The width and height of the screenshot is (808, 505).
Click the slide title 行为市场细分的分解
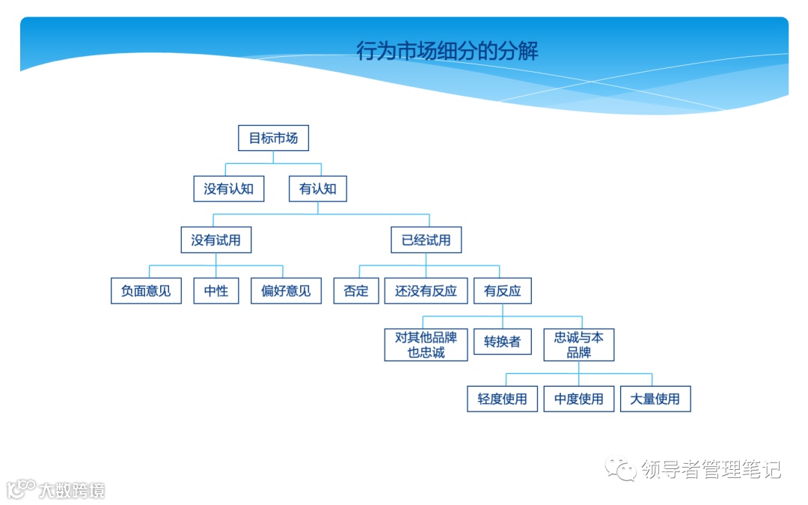(x=447, y=51)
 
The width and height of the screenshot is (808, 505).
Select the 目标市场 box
(x=273, y=138)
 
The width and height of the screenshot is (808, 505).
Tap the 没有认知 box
(x=229, y=189)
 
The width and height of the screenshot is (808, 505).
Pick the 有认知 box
(x=318, y=189)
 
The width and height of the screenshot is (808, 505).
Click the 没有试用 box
(x=216, y=240)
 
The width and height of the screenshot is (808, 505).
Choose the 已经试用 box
(x=426, y=240)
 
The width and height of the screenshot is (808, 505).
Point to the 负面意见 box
(x=146, y=291)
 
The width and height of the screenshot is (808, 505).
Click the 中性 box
(x=216, y=291)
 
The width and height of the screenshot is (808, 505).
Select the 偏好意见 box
(x=286, y=291)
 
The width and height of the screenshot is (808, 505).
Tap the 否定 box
(x=356, y=291)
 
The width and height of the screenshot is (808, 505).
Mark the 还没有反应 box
(x=426, y=291)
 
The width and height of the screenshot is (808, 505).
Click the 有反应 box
(x=502, y=291)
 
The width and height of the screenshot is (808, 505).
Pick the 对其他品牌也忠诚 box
(x=426, y=345)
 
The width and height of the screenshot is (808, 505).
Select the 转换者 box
(x=502, y=342)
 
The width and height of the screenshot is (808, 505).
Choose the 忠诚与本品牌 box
(x=578, y=345)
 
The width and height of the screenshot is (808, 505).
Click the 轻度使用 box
(x=502, y=399)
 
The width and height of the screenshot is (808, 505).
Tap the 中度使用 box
(x=578, y=399)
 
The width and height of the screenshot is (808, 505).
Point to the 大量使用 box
(x=655, y=399)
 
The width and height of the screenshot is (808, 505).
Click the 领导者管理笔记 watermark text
(x=711, y=470)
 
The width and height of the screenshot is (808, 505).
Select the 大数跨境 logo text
(x=72, y=491)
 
